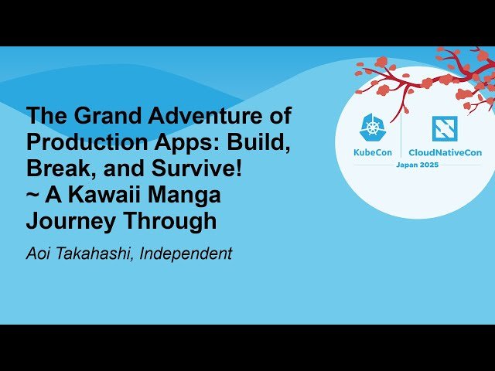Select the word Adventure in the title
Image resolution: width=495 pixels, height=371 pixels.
[186, 117]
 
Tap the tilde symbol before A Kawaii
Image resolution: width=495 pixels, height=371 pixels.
[33, 196]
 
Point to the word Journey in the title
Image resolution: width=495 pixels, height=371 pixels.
[69, 222]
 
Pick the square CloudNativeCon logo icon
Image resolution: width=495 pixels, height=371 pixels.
[445, 128]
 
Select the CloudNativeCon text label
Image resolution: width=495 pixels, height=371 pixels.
[445, 152]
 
